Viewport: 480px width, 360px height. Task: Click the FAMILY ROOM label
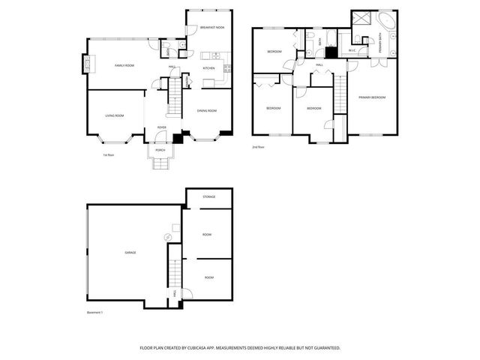pos(124,66)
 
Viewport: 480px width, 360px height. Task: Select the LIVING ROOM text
pos(114,115)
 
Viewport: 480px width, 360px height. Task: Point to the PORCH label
pos(160,150)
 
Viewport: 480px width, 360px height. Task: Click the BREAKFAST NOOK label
pos(212,28)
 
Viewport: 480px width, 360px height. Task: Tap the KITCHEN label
pos(208,68)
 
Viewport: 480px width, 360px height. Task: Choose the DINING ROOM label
pos(207,111)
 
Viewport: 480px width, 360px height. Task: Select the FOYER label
pos(161,127)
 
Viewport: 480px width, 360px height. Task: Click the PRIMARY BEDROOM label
pos(372,97)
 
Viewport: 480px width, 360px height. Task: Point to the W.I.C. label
pos(352,50)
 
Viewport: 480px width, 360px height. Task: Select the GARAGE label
pos(130,253)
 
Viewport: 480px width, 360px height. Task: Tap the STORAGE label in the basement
pos(209,196)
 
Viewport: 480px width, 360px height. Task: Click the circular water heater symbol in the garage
pos(168,238)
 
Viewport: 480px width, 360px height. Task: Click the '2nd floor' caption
pos(259,147)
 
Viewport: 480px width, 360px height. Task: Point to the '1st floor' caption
pos(108,155)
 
